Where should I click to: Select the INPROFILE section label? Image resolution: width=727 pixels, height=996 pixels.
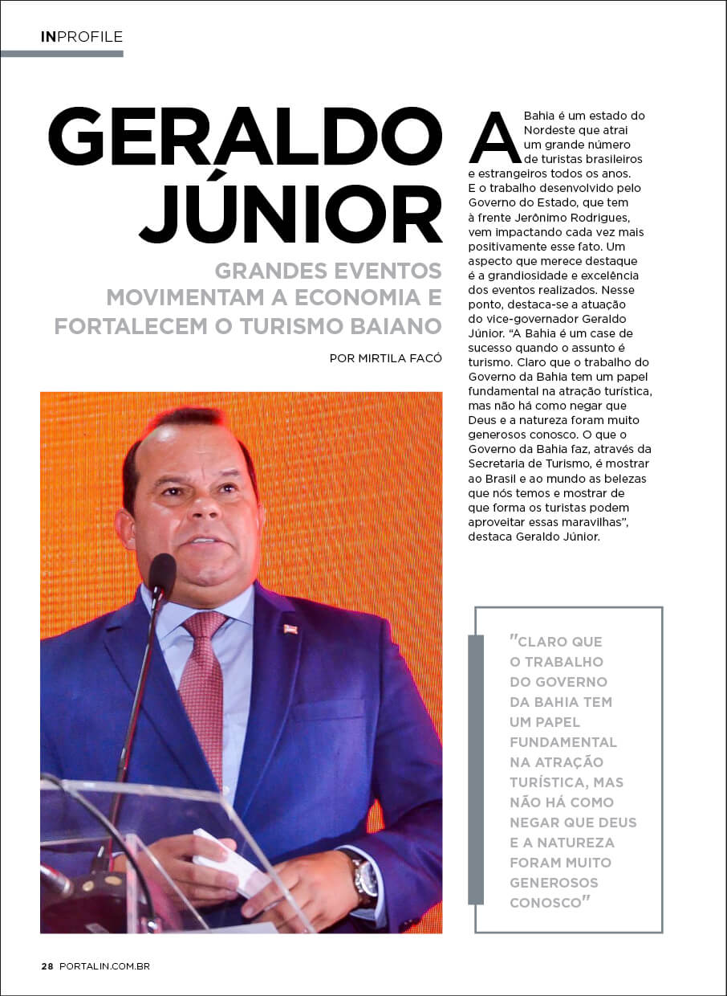(x=82, y=37)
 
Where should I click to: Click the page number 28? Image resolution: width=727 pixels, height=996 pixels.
(x=47, y=966)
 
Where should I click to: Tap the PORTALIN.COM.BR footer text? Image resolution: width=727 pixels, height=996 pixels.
(x=104, y=966)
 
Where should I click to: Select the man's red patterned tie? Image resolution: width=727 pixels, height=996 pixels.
(x=202, y=691)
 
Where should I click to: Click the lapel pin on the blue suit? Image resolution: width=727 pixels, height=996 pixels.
(x=290, y=628)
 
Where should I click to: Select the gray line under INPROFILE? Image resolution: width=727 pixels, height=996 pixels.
(x=62, y=54)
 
